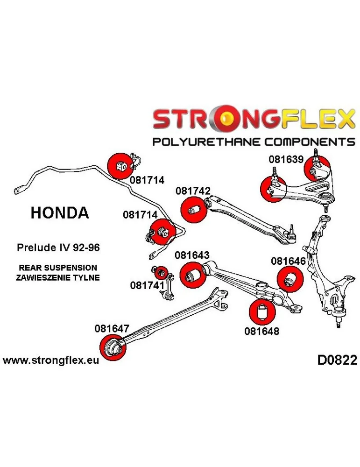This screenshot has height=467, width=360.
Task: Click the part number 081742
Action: (193, 191)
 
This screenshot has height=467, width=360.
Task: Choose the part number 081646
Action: (288, 262)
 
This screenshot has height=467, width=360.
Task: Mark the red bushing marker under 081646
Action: (289, 279)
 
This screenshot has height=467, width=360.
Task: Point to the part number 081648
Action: (261, 332)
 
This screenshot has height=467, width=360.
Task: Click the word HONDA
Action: (59, 213)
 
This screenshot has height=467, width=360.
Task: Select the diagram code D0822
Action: (337, 361)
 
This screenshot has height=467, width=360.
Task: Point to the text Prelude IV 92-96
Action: (58, 248)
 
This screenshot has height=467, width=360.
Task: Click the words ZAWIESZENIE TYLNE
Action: (58, 277)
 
